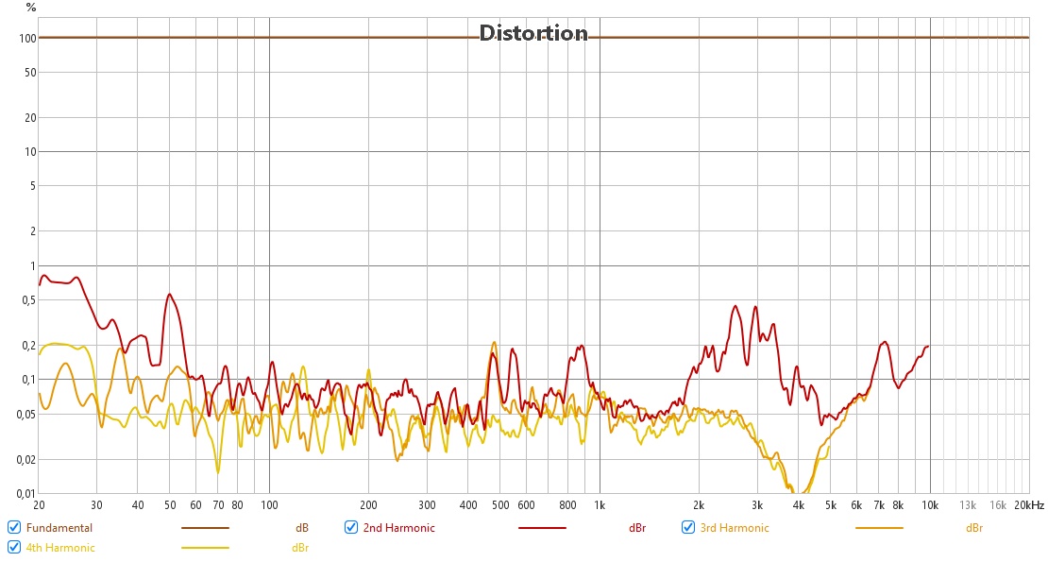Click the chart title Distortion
point(533,33)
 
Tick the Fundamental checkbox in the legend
point(14,527)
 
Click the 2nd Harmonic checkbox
point(351,527)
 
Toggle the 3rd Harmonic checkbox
point(688,527)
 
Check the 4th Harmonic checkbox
point(14,547)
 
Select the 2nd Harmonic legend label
point(398,528)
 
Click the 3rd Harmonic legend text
point(735,528)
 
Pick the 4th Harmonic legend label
point(60,548)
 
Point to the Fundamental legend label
point(59,528)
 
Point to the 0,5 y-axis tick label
point(27,299)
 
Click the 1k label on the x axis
point(599,505)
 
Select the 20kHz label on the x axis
point(1030,505)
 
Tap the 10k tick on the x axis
point(930,505)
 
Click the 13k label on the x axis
point(968,505)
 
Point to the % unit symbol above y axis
point(31,8)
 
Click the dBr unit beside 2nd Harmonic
point(637,528)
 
